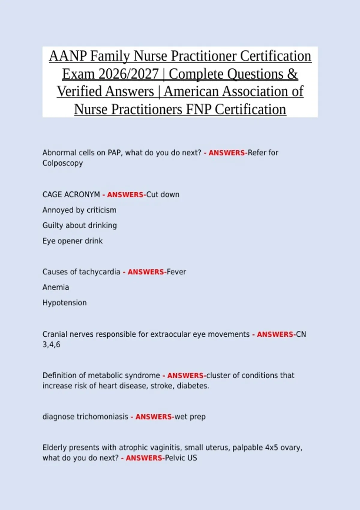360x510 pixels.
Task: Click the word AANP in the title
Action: (x=68, y=56)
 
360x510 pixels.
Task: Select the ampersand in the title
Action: (x=292, y=74)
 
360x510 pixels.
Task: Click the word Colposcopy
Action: (x=62, y=163)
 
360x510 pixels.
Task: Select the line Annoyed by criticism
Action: (x=79, y=210)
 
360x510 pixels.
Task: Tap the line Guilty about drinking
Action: (x=79, y=226)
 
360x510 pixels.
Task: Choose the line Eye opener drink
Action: (x=72, y=241)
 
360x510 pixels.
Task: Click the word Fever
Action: (x=176, y=272)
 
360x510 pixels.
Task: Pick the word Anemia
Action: (x=55, y=287)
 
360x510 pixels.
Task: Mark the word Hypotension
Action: (x=64, y=303)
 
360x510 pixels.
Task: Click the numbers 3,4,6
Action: (x=51, y=345)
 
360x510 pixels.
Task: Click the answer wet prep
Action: (x=190, y=417)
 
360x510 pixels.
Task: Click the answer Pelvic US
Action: (x=181, y=458)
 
